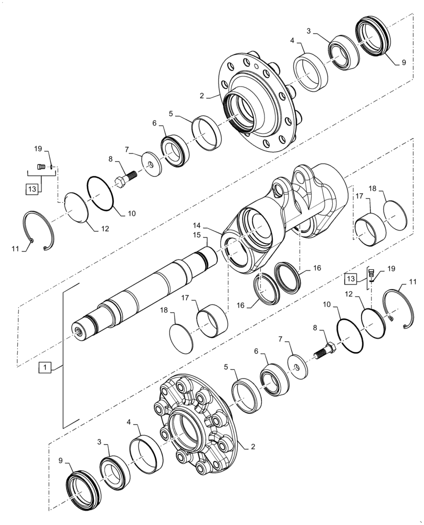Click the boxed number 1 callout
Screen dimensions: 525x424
(46, 368)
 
